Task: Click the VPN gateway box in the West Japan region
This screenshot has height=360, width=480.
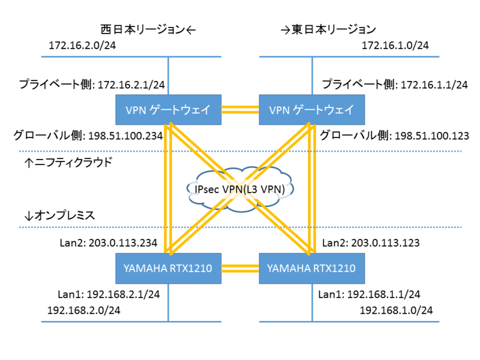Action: click(x=169, y=110)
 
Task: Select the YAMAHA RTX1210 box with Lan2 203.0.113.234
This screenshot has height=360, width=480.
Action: click(x=169, y=268)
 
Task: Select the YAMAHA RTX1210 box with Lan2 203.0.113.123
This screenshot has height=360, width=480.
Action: click(x=311, y=268)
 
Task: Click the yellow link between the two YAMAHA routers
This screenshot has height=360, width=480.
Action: click(x=240, y=268)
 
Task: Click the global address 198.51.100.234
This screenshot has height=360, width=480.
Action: click(x=125, y=136)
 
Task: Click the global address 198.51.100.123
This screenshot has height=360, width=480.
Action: click(x=431, y=136)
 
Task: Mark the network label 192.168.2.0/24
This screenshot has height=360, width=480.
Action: click(x=84, y=310)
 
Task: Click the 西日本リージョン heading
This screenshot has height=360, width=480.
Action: click(x=144, y=29)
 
